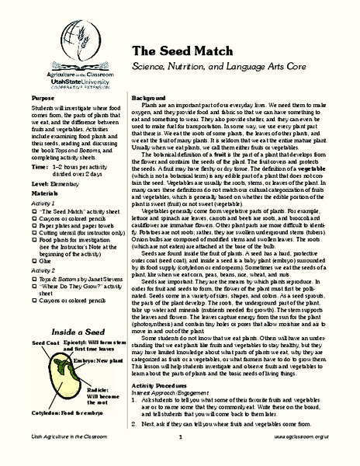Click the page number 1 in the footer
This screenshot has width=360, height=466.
click(179, 459)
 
